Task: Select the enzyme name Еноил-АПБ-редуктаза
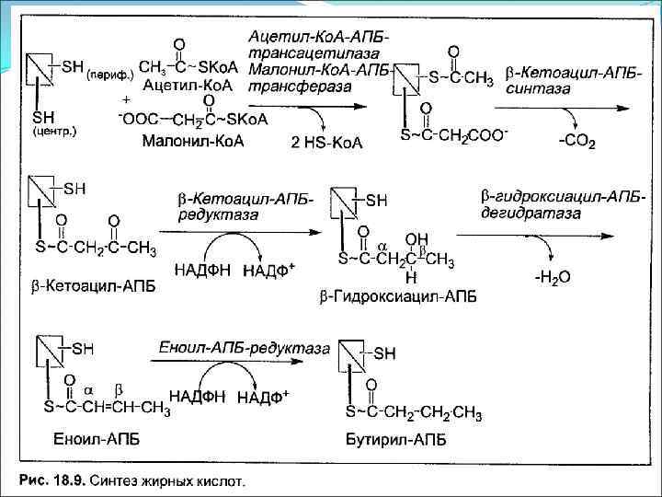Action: point(244,348)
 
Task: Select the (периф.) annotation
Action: point(109,74)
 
